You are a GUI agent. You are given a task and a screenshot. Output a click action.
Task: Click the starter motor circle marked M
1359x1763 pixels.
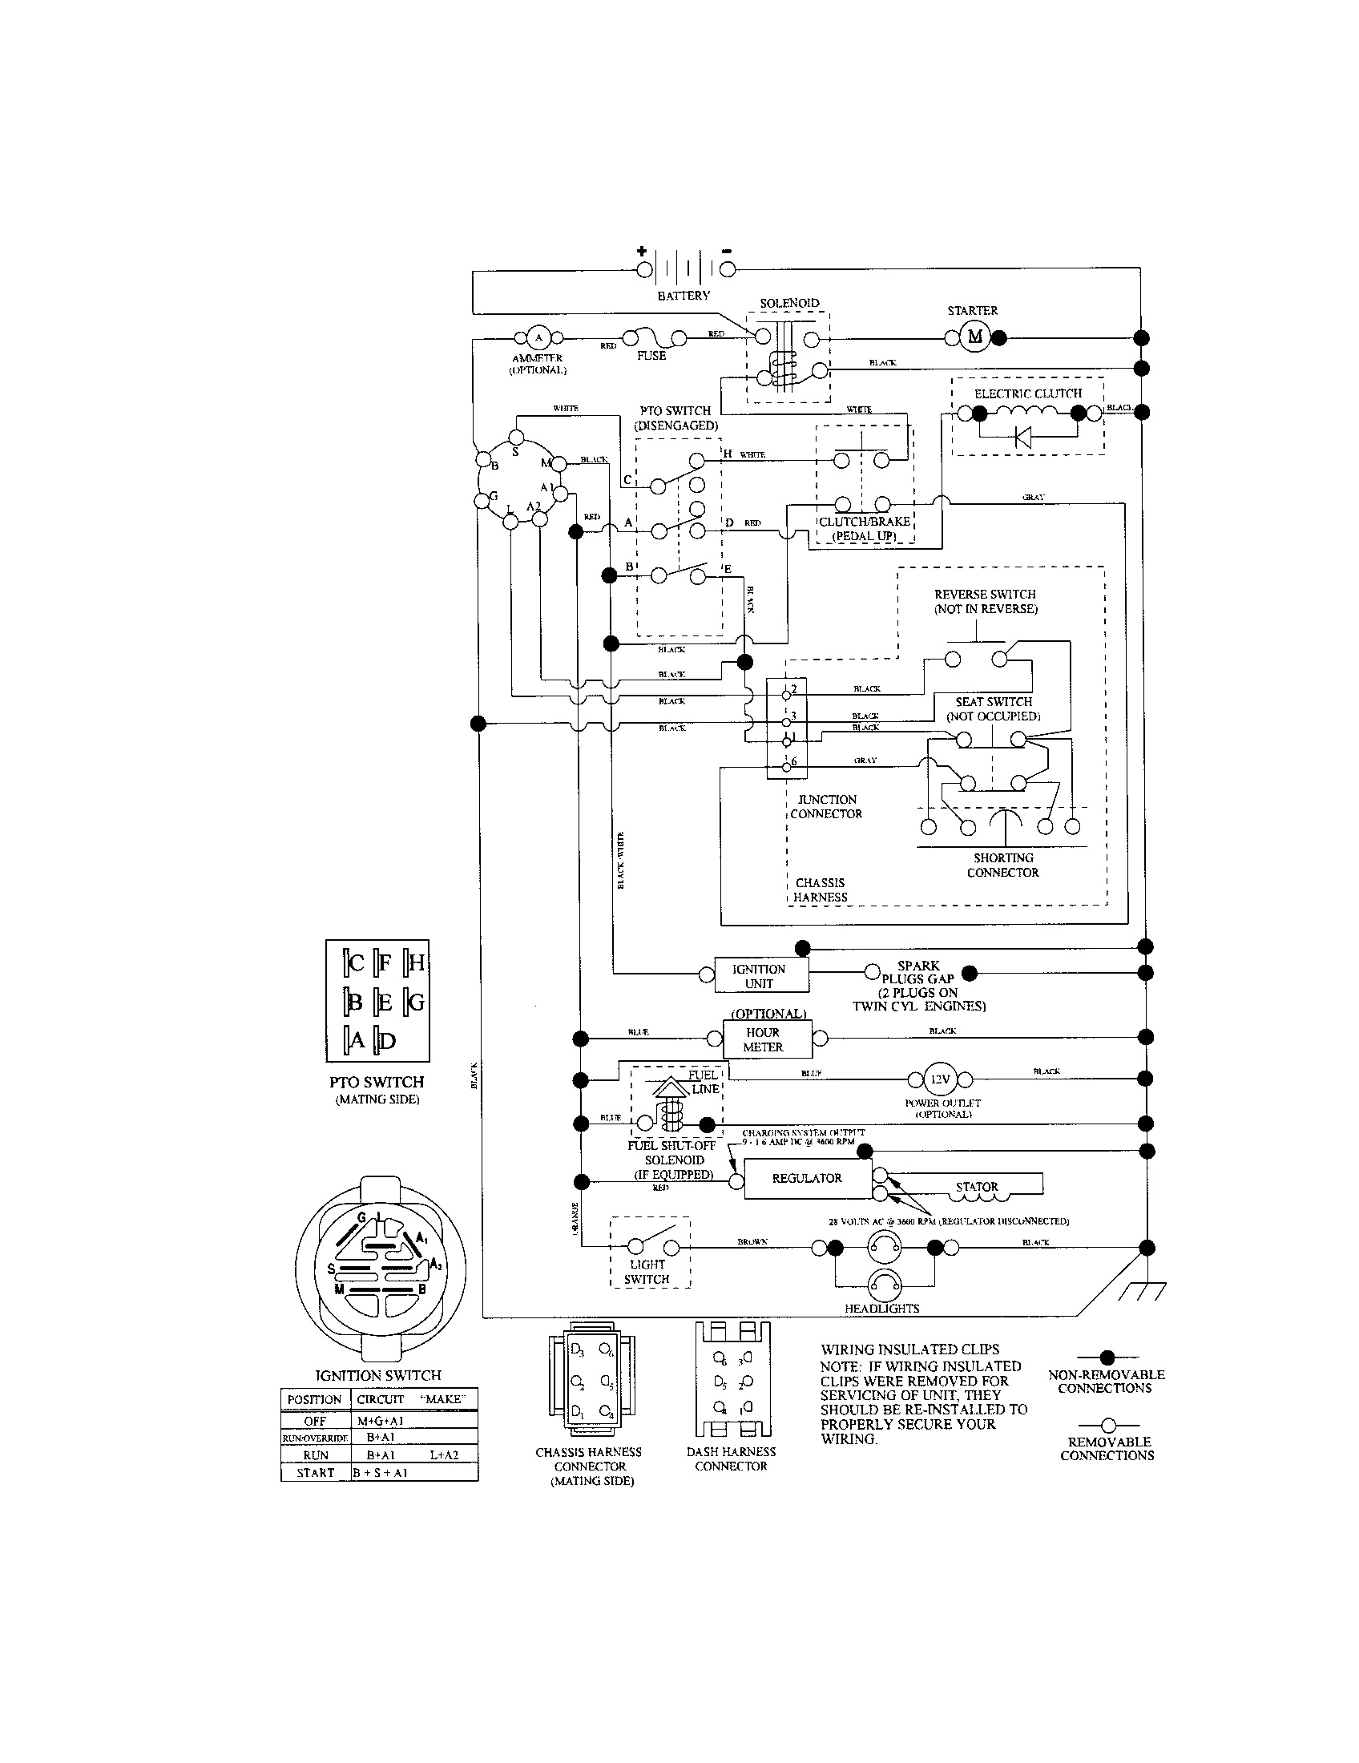975,337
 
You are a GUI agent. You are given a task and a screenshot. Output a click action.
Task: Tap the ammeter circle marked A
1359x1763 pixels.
539,337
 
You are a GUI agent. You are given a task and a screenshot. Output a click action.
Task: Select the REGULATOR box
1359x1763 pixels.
807,1179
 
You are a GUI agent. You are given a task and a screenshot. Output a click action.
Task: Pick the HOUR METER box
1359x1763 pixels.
763,1039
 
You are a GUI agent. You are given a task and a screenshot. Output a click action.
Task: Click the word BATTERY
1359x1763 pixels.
684,296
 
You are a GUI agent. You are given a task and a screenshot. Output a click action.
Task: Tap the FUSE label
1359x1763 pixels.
651,355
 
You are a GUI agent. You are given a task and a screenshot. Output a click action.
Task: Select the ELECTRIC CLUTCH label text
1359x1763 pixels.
1027,394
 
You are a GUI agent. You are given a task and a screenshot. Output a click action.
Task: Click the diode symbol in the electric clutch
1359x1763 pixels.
1023,438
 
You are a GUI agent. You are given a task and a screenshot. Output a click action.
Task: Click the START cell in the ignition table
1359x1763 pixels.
316,1472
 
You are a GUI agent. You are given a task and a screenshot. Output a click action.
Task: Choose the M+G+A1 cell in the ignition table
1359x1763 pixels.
380,1421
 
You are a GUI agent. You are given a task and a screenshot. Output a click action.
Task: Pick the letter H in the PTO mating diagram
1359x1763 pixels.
417,962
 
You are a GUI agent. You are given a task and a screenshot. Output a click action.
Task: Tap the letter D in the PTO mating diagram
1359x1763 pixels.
388,1041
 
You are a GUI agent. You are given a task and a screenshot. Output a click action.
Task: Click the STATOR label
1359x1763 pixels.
977,1187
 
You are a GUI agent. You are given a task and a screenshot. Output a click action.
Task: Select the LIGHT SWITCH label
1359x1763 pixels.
647,1273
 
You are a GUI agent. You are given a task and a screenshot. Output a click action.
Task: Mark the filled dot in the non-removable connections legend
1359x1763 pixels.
1107,1357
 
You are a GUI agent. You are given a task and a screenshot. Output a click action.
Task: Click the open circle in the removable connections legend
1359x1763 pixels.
1108,1426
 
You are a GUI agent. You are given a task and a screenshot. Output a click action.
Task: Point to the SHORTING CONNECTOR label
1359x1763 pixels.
1003,865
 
